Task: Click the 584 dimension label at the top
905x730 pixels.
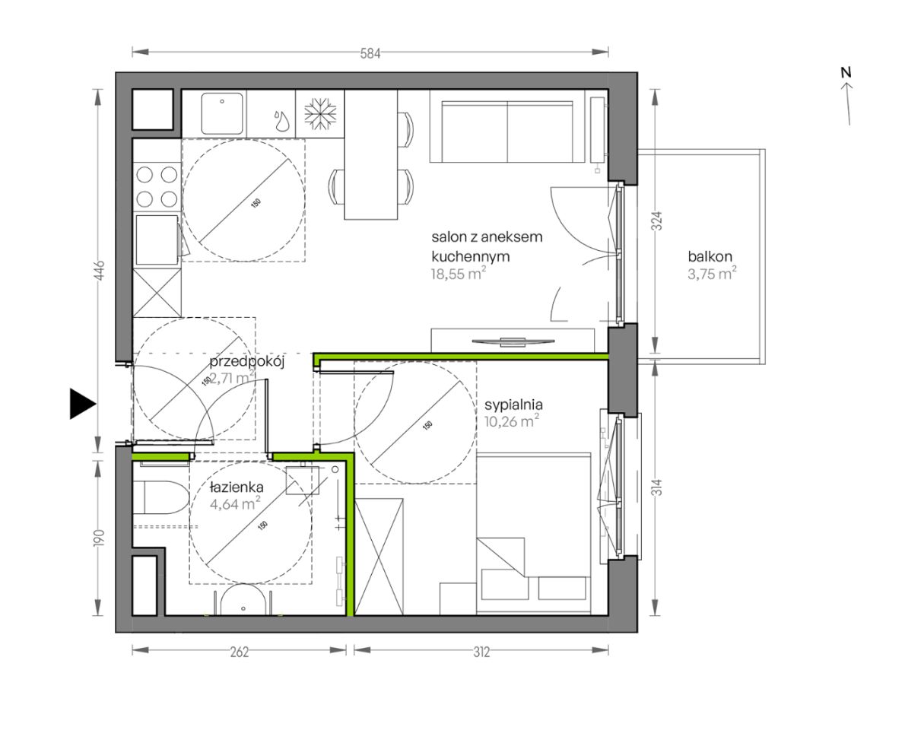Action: [x=370, y=54]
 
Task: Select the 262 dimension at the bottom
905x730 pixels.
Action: [x=239, y=652]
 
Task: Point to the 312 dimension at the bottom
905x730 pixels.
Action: [x=481, y=652]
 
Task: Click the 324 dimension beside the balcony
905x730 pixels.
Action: [x=657, y=221]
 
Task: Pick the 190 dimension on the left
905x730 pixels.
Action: [x=100, y=538]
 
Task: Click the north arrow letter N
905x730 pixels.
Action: [x=846, y=73]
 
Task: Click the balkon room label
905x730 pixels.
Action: [x=710, y=256]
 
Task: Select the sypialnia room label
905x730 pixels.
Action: [x=513, y=405]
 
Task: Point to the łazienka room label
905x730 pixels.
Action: [x=237, y=487]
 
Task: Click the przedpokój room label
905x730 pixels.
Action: [x=247, y=363]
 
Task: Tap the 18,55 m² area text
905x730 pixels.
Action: [x=459, y=274]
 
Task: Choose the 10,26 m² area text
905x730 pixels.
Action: [x=512, y=421]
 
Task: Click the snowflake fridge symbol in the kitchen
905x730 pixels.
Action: [x=316, y=114]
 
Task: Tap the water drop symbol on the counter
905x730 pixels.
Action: [x=281, y=120]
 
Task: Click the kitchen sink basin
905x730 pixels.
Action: [x=222, y=113]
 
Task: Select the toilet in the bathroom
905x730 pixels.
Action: [x=157, y=499]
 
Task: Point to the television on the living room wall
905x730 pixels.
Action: [x=511, y=342]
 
